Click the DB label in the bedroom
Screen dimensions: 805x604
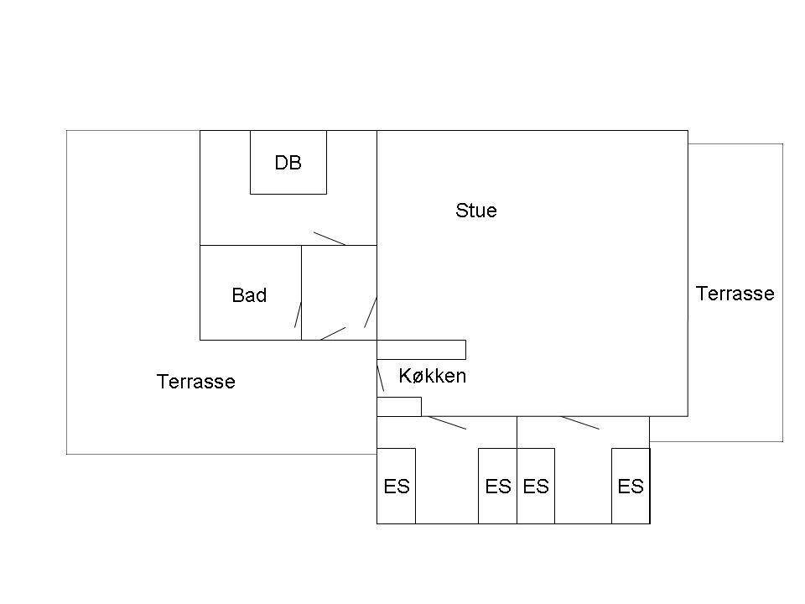point(288,163)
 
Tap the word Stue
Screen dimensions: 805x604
point(476,211)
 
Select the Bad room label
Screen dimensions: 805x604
point(249,295)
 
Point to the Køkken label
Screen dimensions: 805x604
point(433,376)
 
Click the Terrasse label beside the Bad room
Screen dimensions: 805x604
point(195,382)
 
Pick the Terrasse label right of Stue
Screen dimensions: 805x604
point(735,294)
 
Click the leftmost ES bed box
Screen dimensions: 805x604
point(397,486)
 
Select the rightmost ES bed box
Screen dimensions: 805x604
point(631,486)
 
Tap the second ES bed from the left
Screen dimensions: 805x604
point(497,486)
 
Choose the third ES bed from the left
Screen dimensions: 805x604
point(536,486)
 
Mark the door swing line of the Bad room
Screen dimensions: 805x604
point(298,315)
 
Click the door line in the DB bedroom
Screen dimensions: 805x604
point(330,239)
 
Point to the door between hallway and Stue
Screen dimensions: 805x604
point(371,312)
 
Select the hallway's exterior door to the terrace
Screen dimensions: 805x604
point(333,333)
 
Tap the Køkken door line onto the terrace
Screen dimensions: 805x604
point(381,378)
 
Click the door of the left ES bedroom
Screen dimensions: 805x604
point(447,423)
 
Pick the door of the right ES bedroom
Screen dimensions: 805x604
point(580,423)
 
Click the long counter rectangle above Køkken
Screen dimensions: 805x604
point(422,350)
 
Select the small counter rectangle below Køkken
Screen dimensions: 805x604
point(399,407)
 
